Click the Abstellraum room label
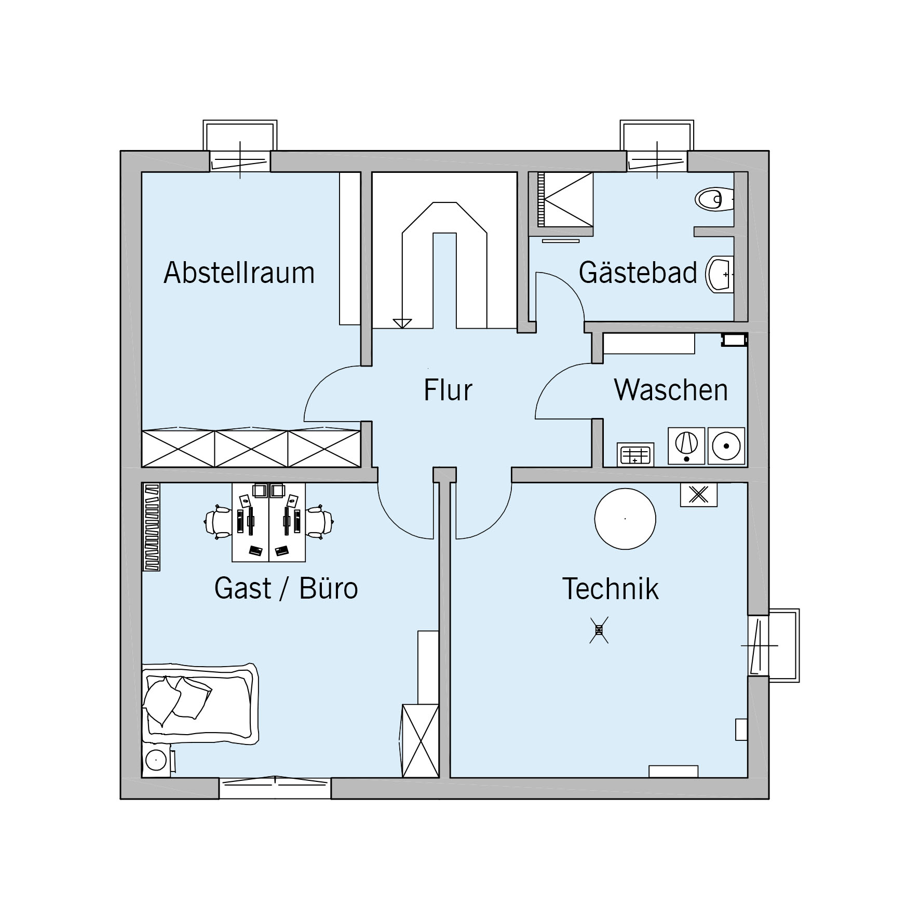239,273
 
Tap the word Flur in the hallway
448,390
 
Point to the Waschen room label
671,390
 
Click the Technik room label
611,589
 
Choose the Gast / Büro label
286,589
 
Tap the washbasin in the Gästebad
720,274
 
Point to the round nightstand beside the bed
155,760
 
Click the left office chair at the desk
218,521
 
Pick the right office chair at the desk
319,521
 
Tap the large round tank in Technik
625,518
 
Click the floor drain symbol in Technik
599,630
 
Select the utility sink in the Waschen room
635,455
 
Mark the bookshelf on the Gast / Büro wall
152,527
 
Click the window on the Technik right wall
773,645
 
